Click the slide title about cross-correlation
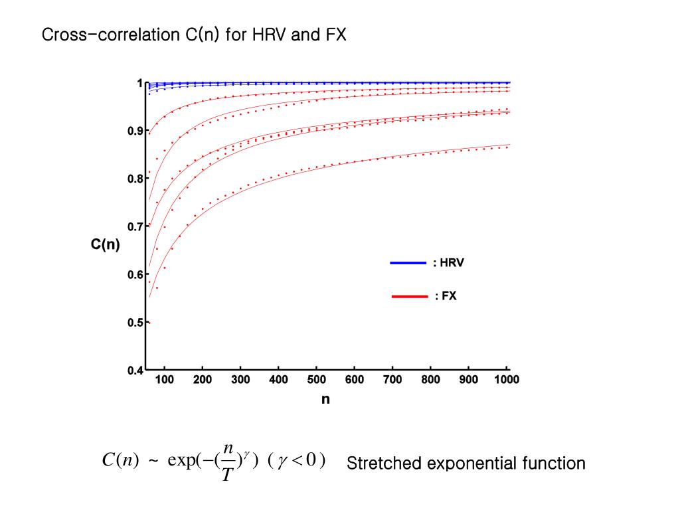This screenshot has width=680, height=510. (x=194, y=35)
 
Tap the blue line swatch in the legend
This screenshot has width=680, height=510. (x=408, y=263)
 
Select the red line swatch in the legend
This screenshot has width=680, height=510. (x=410, y=297)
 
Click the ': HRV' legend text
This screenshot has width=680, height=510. (x=448, y=263)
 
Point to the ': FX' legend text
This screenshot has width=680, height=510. (x=446, y=297)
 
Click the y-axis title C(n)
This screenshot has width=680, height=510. (x=106, y=244)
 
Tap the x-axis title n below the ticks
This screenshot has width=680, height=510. (x=325, y=399)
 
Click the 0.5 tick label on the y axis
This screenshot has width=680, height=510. (x=135, y=323)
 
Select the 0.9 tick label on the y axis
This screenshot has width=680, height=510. (x=135, y=131)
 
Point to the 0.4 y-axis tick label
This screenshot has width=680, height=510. (x=135, y=371)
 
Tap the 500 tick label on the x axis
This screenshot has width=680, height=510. (x=317, y=380)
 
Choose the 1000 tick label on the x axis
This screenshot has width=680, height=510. (x=506, y=380)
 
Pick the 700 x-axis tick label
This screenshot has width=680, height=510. (x=392, y=380)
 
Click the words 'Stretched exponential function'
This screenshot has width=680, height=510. (x=466, y=463)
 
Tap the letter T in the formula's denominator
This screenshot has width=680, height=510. (x=226, y=476)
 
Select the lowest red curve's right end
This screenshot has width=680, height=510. (x=509, y=145)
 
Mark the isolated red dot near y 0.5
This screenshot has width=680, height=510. (x=149, y=323)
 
